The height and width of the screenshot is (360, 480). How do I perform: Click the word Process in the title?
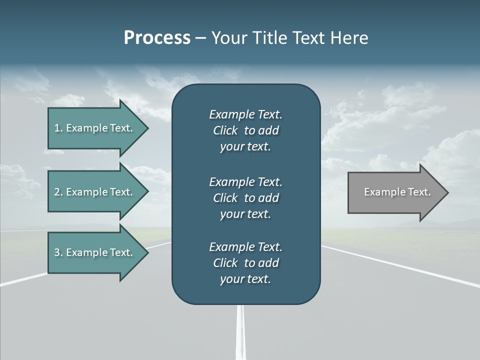(x=157, y=37)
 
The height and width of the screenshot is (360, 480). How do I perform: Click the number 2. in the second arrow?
(x=58, y=192)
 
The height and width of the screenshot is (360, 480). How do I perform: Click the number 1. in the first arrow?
(x=58, y=128)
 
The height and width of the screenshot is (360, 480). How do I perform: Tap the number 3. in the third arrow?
(x=58, y=252)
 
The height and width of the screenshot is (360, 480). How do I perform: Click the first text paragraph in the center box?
(x=245, y=130)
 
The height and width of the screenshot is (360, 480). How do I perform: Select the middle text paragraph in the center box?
(x=245, y=197)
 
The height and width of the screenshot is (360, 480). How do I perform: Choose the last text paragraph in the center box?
(x=245, y=262)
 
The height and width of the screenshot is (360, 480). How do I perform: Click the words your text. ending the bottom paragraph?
(x=245, y=279)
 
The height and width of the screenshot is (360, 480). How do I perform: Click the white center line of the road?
(x=241, y=332)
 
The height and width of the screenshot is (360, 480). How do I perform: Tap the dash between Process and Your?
(x=200, y=38)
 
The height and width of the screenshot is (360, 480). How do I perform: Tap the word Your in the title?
(x=228, y=37)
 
